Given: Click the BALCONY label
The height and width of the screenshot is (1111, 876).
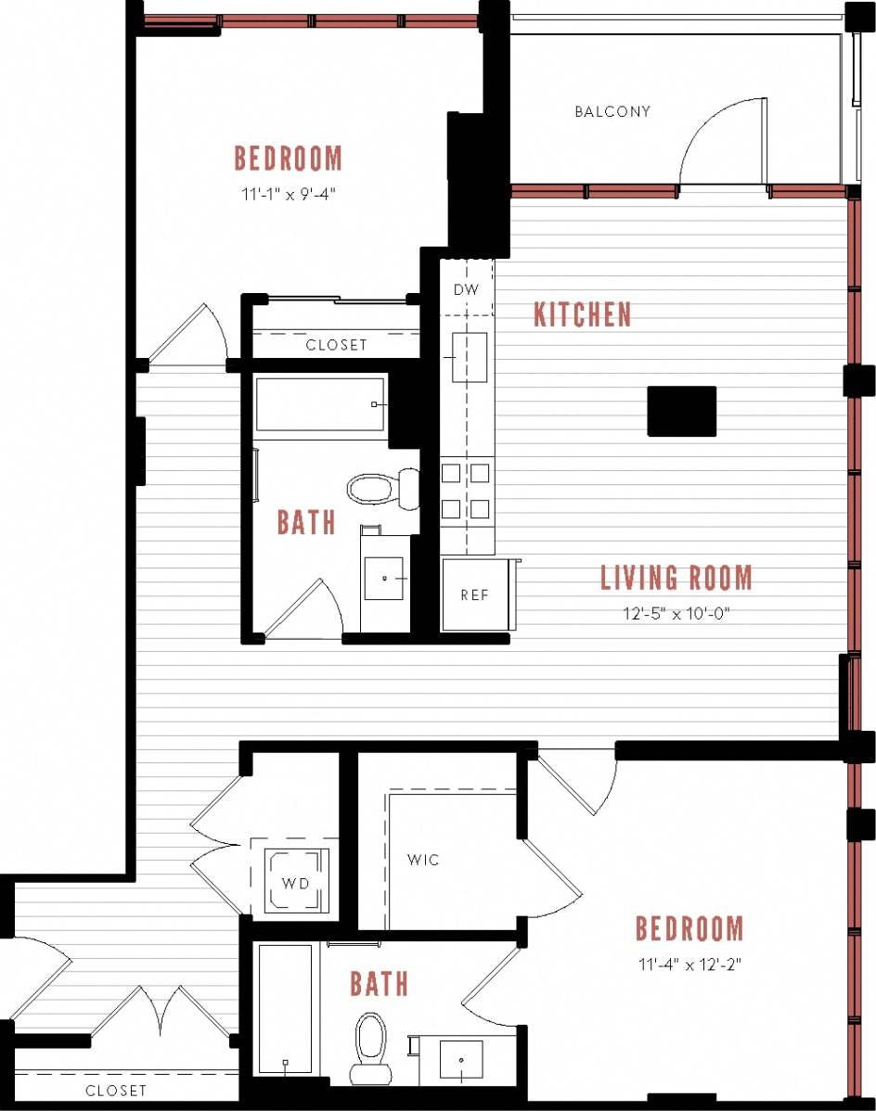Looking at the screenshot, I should coord(612,112).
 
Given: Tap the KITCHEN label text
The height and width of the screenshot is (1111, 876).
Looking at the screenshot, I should coord(582,315).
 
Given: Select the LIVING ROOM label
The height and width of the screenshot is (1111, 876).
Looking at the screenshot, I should coord(676,578).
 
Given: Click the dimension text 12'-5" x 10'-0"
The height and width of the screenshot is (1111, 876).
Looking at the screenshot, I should coord(675,614).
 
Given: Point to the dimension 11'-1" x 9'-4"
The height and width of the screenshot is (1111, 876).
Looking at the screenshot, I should coord(288,196).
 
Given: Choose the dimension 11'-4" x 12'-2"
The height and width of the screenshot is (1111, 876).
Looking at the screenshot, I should coord(689,964).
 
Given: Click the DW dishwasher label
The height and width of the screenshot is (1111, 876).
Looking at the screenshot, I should coord(466,289).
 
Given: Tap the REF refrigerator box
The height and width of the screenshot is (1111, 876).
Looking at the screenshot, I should coord(474,594).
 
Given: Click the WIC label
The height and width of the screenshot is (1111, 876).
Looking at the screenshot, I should coord(423,860).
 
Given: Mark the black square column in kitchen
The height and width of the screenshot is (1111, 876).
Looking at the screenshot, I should coord(681,411).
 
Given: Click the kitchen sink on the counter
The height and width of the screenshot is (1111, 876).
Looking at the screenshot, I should coord(469,357).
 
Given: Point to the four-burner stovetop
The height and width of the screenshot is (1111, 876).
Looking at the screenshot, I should coord(466,491).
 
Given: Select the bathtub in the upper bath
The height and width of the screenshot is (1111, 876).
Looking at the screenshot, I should coord(320,404).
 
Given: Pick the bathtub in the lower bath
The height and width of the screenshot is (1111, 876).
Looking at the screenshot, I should coord(285,1009).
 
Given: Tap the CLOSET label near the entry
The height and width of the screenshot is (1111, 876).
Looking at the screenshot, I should coord(116,1091).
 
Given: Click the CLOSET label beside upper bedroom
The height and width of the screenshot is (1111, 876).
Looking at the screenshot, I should coord(336,345).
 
